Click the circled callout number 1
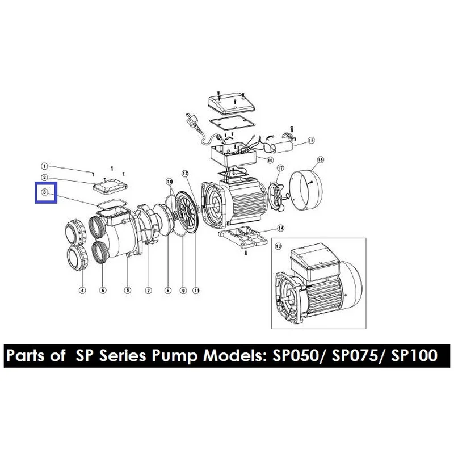click(44, 166)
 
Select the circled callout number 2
click(44, 178)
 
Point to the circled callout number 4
click(82, 290)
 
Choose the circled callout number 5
click(103, 290)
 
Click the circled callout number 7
click(148, 290)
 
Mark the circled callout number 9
click(183, 290)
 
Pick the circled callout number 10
click(169, 182)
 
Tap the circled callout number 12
click(185, 174)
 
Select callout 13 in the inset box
click(278, 246)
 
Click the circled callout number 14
click(280, 229)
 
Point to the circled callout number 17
click(280, 168)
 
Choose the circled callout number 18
click(320, 159)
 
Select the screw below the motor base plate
click(246, 253)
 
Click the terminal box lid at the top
click(232, 105)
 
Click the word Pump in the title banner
click(174, 356)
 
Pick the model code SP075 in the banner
click(355, 355)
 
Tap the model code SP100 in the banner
click(414, 355)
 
